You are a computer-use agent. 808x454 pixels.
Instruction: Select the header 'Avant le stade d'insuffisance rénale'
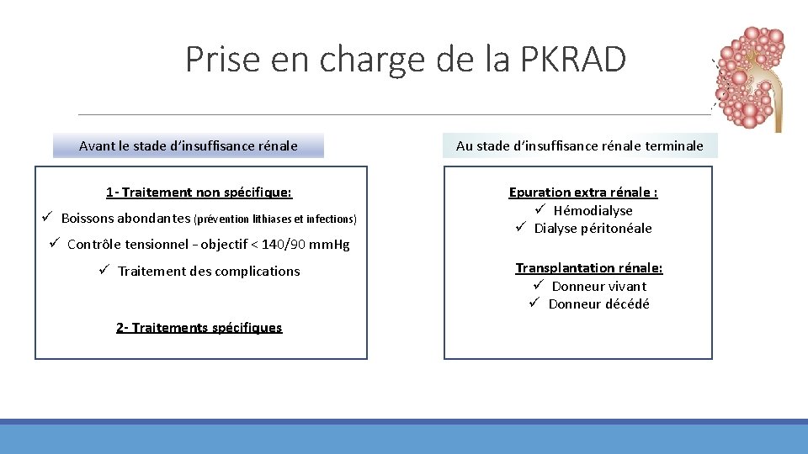point(188,145)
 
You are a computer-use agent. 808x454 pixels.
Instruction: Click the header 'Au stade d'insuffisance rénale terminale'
point(579,145)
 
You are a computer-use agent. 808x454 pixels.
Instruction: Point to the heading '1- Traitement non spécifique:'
point(199,193)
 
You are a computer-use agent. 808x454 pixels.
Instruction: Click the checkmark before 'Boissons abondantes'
point(50,218)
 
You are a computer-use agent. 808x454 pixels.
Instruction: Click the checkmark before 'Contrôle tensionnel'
point(55,244)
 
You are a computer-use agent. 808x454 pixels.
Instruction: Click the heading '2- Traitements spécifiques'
point(199,327)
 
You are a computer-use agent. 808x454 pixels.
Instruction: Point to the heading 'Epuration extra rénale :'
point(583,193)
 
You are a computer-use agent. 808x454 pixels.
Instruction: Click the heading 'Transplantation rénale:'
point(589,267)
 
